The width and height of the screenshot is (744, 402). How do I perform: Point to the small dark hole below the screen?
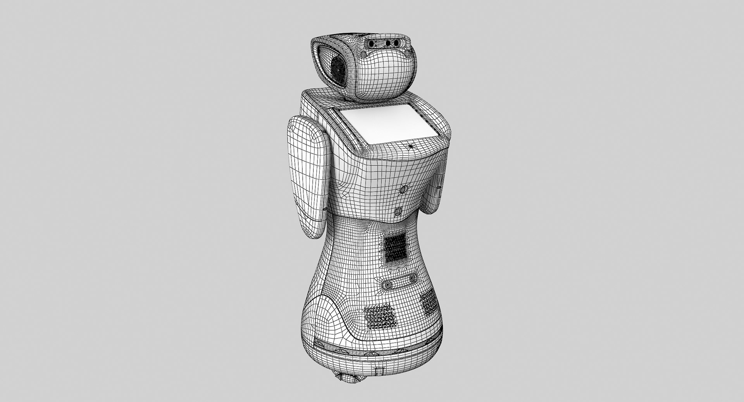click(x=410, y=146)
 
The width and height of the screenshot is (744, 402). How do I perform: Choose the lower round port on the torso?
click(x=398, y=211)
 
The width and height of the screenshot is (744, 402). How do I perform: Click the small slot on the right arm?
click(x=439, y=188)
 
